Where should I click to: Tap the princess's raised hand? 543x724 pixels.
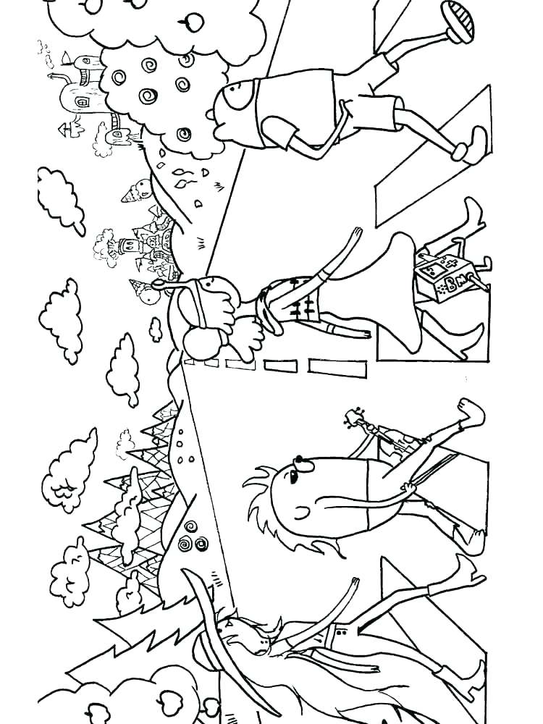(x=356, y=235)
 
